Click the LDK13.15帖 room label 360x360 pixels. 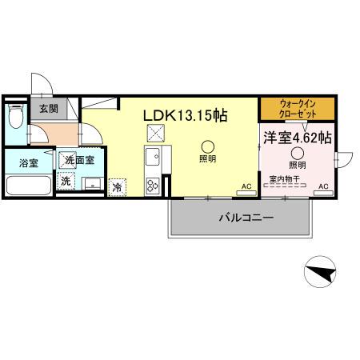[185, 115]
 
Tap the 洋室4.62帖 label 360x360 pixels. [298, 137]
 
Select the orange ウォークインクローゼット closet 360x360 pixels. [297, 107]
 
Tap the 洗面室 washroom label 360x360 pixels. [79, 160]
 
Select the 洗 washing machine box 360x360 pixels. [66, 182]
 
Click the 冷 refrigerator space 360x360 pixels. [118, 187]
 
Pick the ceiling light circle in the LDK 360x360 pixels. [207, 146]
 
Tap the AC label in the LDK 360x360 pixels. [247, 188]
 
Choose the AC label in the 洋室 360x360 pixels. [324, 187]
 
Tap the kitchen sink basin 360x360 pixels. [153, 154]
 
